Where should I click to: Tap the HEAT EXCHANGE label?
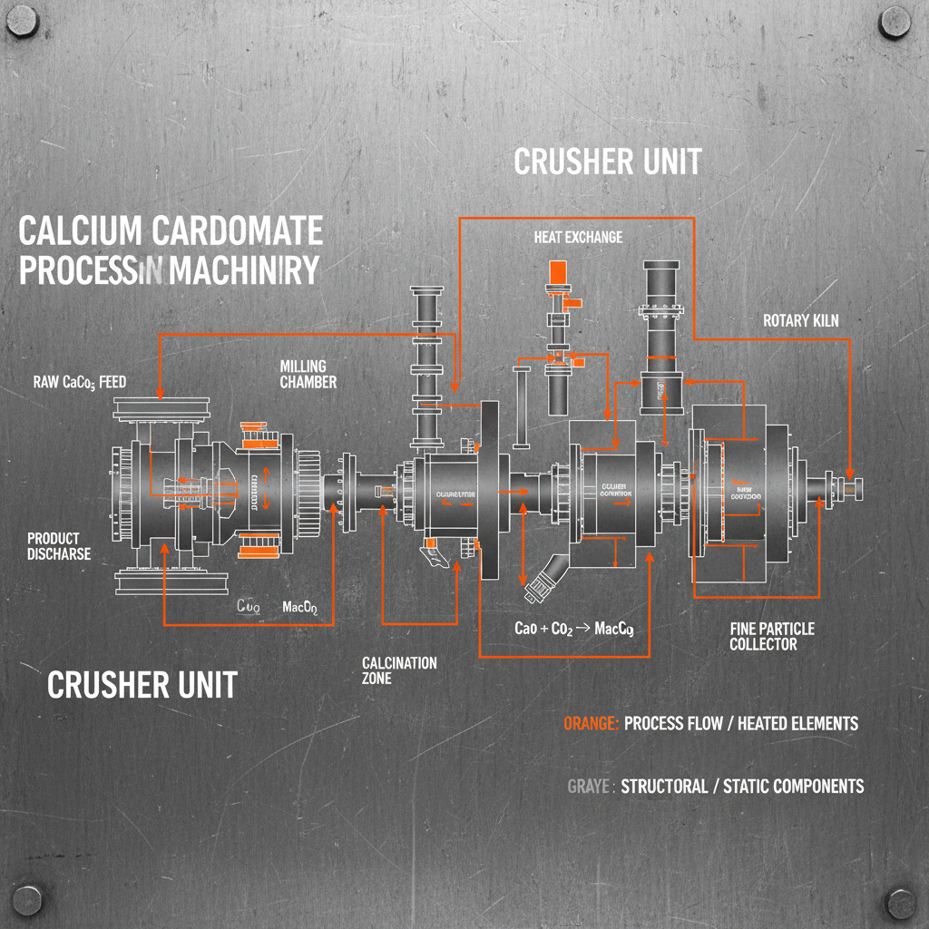coord(578,237)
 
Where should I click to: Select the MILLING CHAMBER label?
coord(308,374)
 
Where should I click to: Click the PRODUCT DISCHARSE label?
coord(59,545)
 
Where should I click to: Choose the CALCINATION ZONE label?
coord(399,670)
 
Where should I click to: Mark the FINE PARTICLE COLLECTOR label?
coord(772,636)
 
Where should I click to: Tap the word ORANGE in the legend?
coord(592,724)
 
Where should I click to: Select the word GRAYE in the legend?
coord(589,787)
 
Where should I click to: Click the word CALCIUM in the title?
coord(80,231)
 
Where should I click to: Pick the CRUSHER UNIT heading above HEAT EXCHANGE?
coord(607,162)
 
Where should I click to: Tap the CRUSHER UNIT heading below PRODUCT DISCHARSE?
coord(142,684)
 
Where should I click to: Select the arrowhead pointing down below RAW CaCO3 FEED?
coord(160,394)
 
